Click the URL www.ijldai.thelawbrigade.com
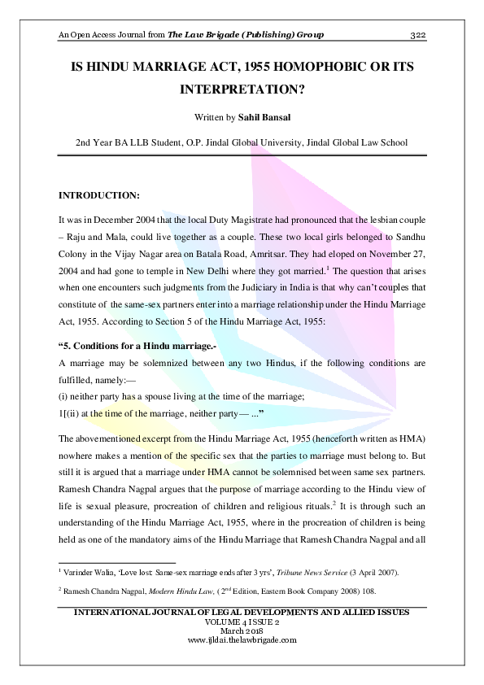click(242, 639)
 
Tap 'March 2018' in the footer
click(242, 631)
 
